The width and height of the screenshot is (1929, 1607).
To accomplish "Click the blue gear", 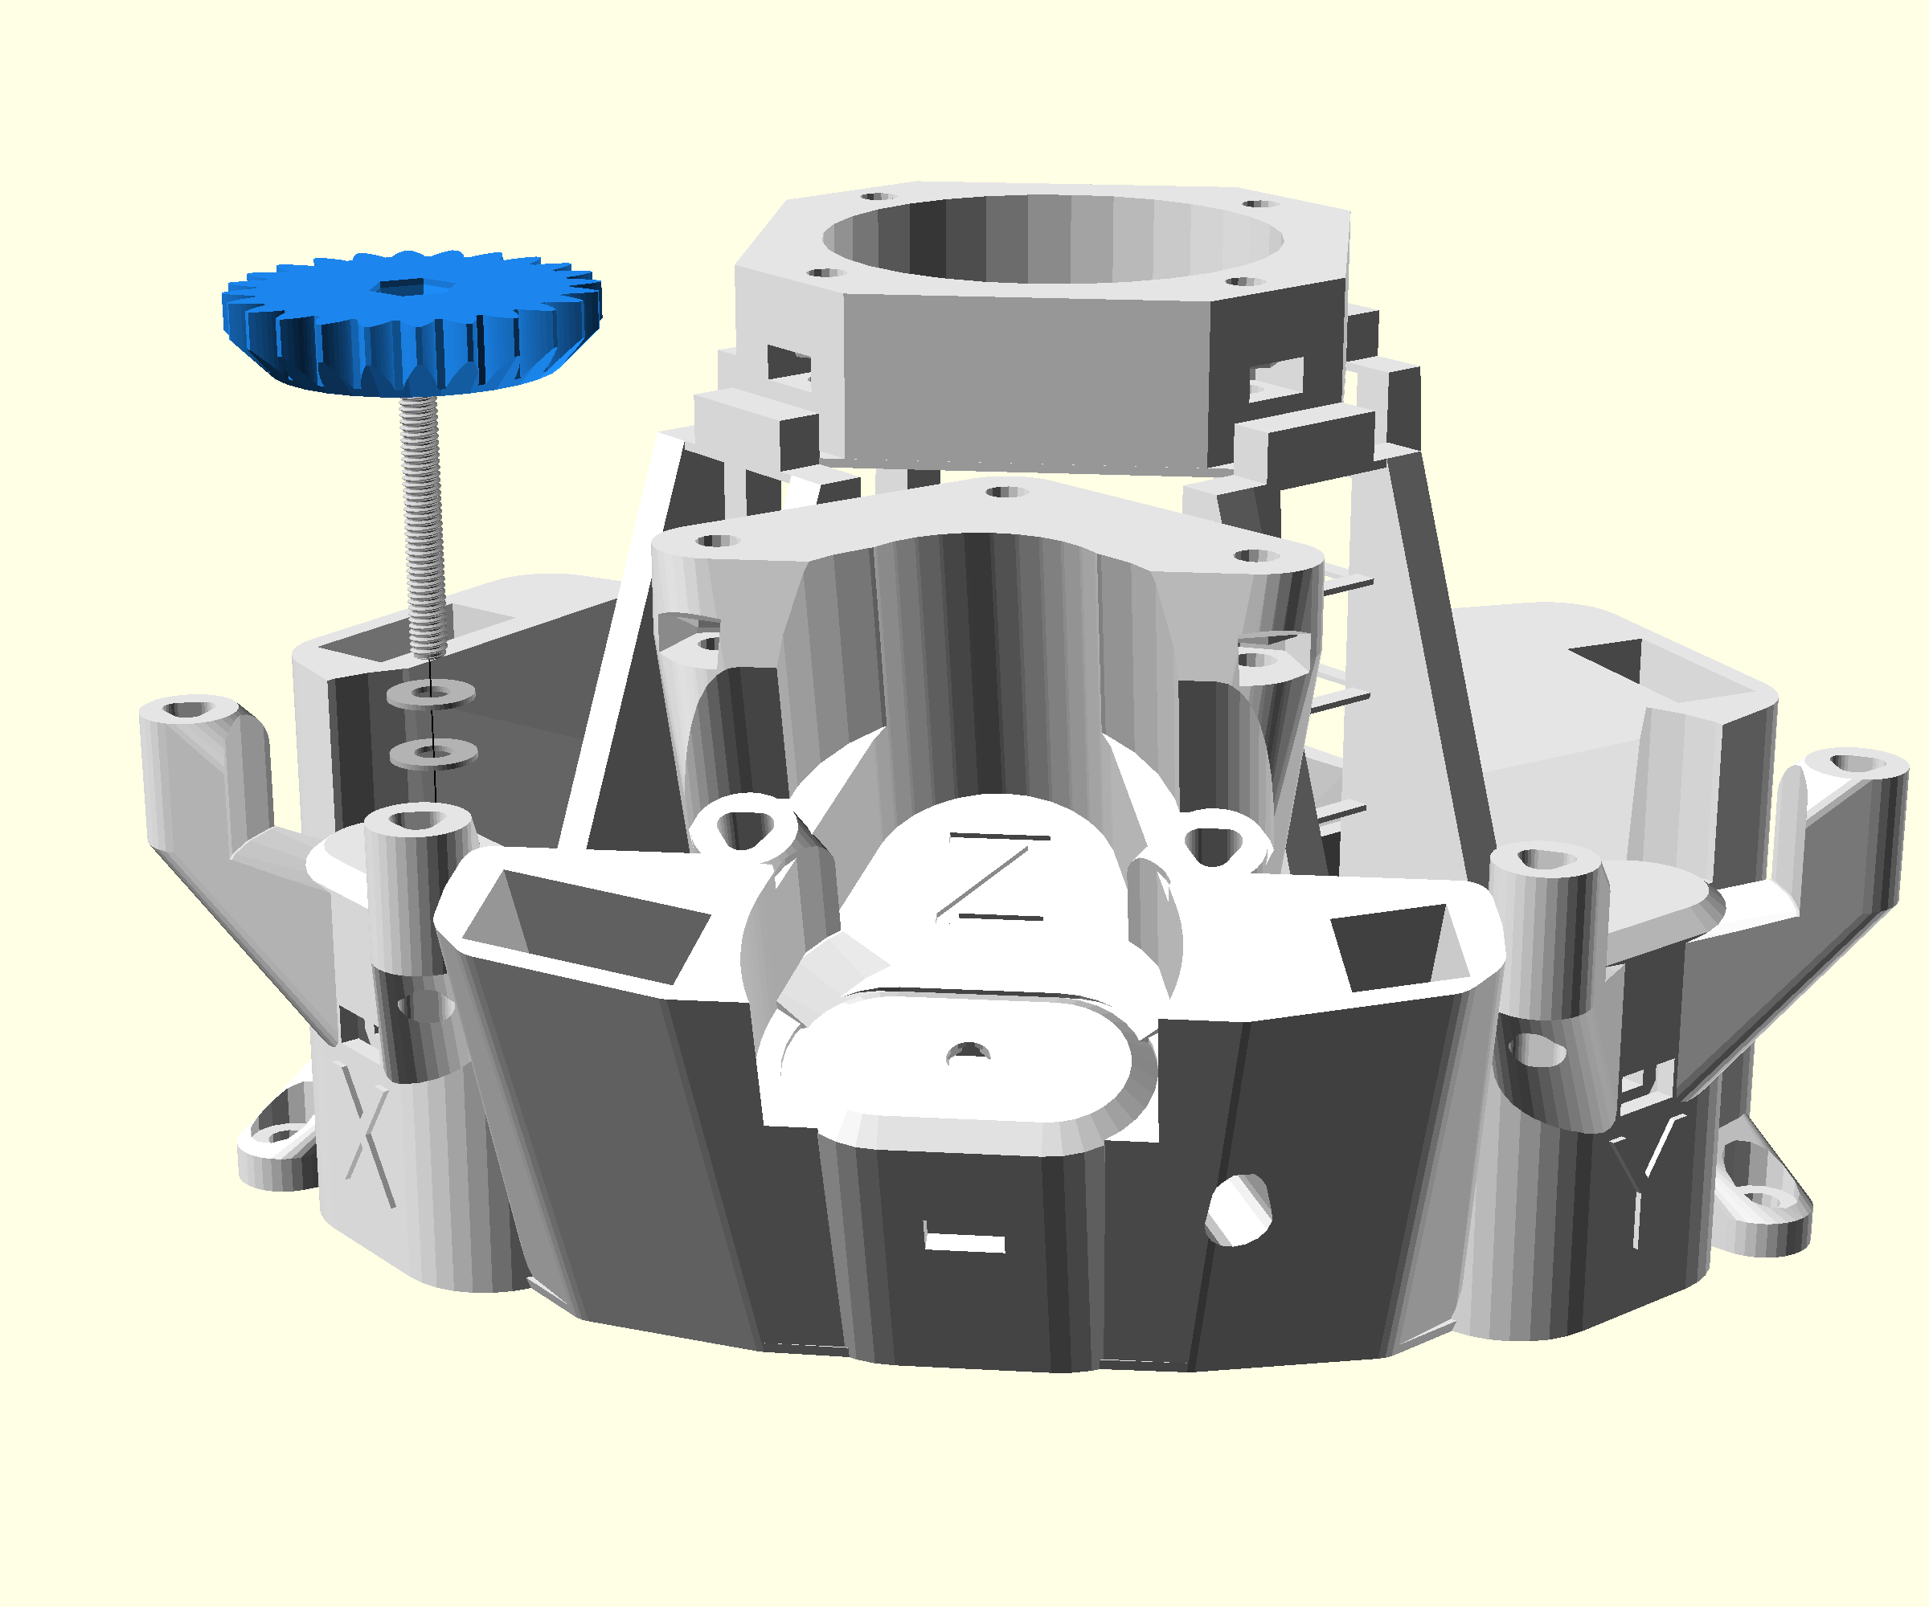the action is (x=412, y=321).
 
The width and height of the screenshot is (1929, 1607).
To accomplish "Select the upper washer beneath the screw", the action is (x=430, y=693).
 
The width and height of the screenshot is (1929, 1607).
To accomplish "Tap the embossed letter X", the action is (x=367, y=1134).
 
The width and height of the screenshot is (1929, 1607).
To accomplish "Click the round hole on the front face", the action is (x=1239, y=1209).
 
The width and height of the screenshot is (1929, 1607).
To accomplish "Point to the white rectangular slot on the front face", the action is (x=964, y=1241).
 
